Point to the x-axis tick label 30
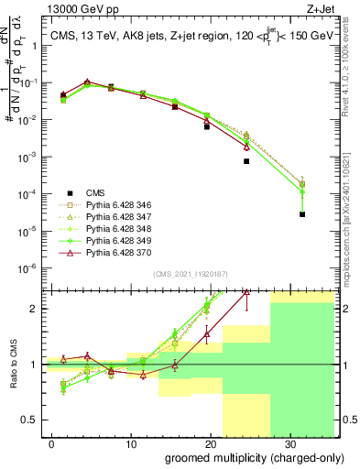(x=290, y=442)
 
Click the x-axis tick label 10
(x=129, y=442)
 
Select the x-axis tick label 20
(x=210, y=442)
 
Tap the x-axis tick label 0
(x=50, y=442)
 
